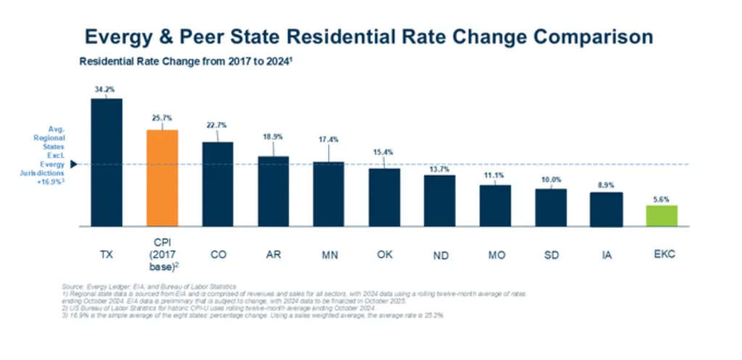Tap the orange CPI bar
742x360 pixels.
click(162, 178)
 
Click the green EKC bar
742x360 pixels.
click(661, 216)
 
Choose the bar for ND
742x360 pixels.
click(439, 200)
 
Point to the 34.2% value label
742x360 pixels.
click(105, 89)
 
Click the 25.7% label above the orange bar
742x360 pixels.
click(162, 118)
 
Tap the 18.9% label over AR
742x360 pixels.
click(273, 136)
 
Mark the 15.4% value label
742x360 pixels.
click(384, 151)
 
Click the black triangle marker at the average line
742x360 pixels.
click(73, 164)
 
